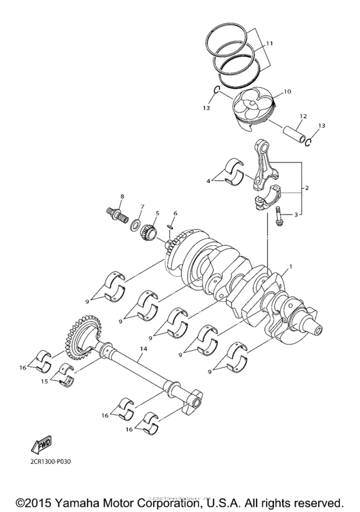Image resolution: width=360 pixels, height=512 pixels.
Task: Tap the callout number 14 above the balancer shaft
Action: point(143,348)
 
